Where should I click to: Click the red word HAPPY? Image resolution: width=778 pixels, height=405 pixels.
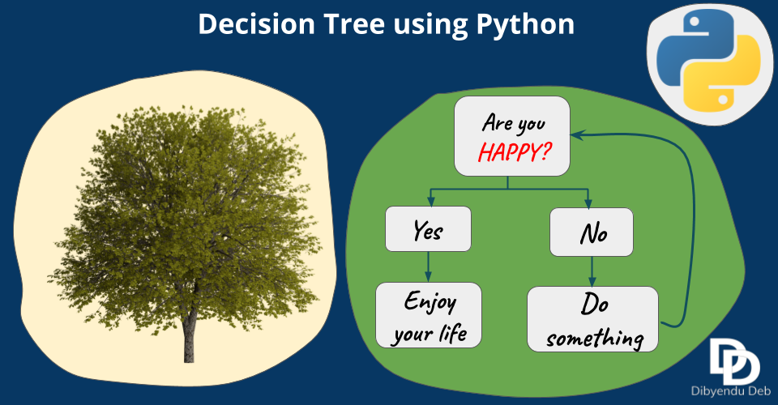coord(510,151)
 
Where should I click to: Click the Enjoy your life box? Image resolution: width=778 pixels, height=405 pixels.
coord(429,316)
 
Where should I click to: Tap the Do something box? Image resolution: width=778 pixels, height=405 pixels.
coord(592,318)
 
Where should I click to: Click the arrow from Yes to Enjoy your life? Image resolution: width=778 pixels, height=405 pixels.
coord(429,266)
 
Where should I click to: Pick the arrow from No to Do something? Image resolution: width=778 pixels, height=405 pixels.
coord(592,269)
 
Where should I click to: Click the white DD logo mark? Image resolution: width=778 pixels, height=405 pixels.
coord(733,356)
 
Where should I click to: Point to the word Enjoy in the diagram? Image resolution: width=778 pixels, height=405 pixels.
coord(430,303)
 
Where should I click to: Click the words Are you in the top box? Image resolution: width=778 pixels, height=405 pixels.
coord(513,123)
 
